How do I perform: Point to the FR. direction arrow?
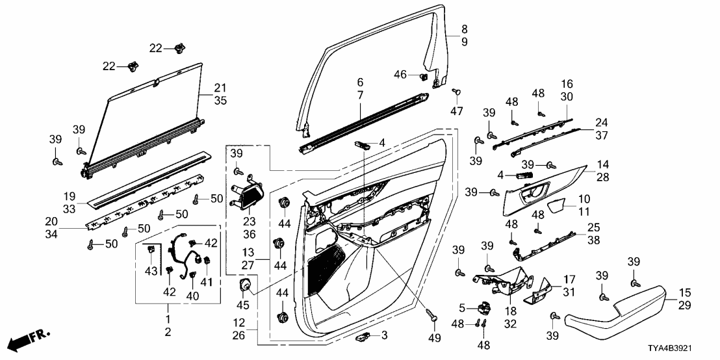[29, 339]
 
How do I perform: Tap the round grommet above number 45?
[246, 285]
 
